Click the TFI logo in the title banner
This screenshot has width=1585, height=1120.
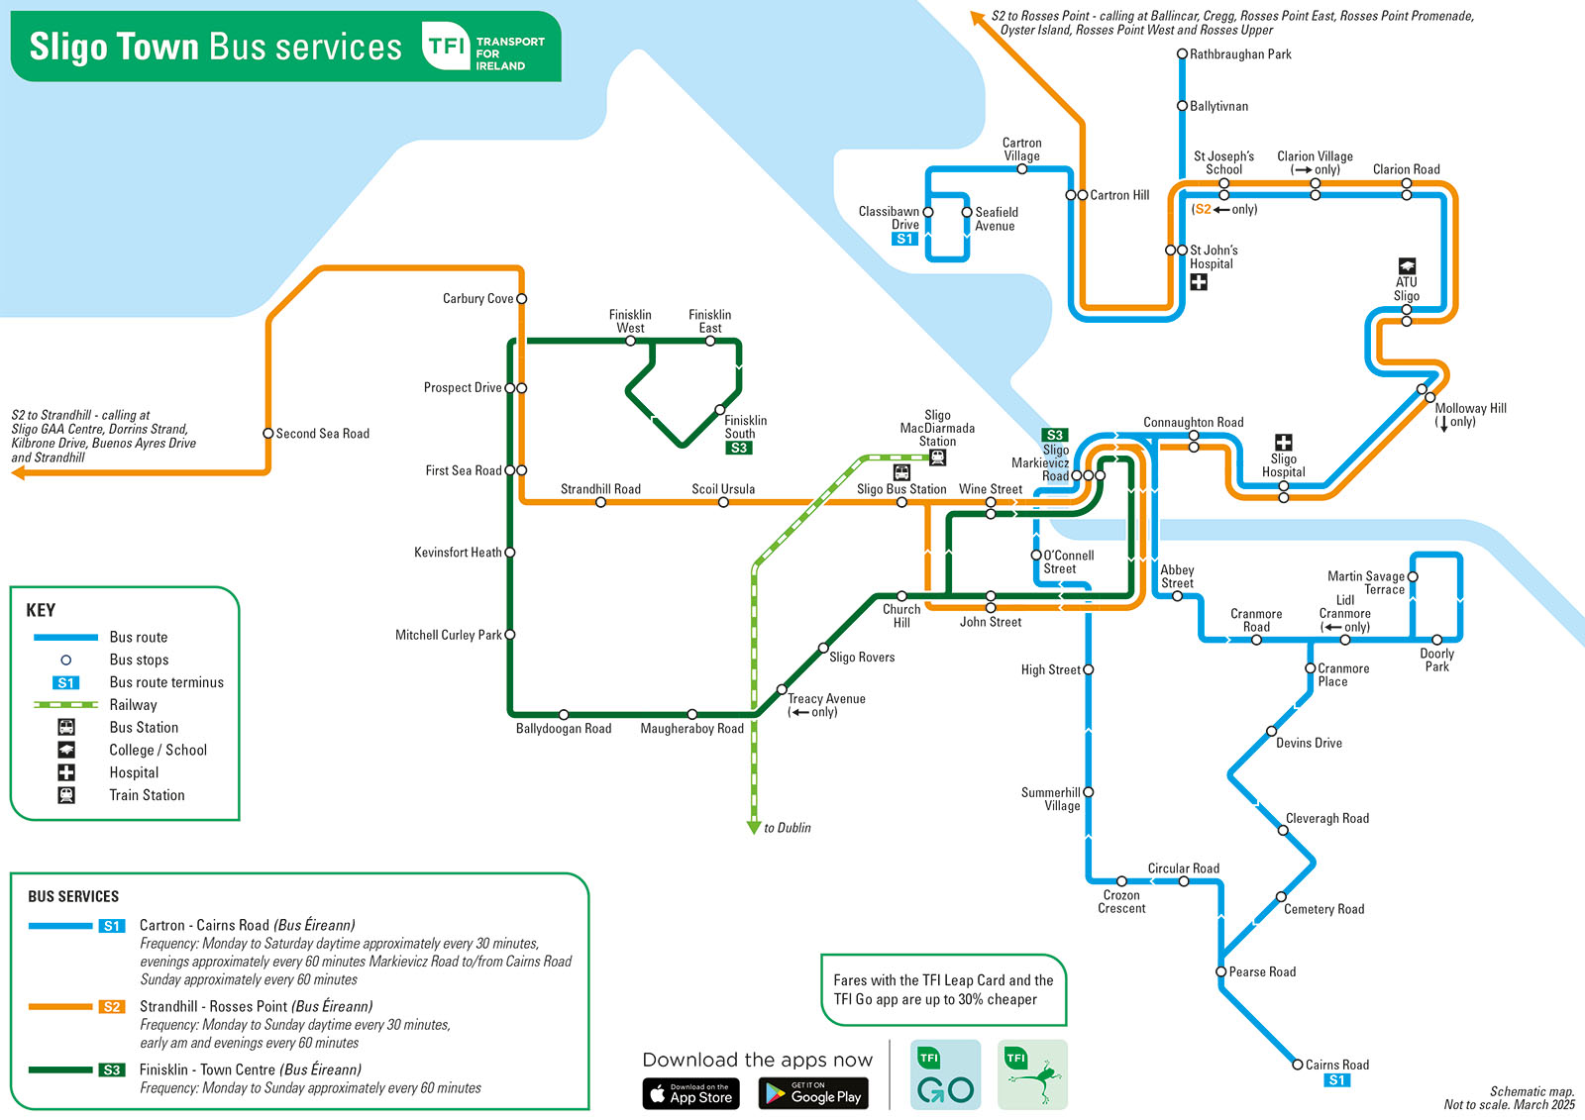(x=446, y=46)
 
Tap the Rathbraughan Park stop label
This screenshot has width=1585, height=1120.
(x=1239, y=54)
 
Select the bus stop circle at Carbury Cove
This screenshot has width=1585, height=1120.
(x=521, y=299)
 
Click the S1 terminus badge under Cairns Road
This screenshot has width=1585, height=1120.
(x=1336, y=1080)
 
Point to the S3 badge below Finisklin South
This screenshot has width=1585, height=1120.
(x=739, y=448)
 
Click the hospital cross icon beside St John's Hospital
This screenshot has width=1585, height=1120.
(x=1198, y=282)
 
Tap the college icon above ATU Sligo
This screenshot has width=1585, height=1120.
(x=1407, y=266)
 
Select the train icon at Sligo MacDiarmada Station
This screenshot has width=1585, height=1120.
(x=937, y=458)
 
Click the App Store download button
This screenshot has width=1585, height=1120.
(x=690, y=1093)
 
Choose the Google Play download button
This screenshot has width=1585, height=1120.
(x=813, y=1093)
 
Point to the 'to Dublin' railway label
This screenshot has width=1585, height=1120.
(x=787, y=828)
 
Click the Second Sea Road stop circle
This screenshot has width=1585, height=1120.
(x=268, y=433)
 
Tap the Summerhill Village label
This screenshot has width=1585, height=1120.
(x=1051, y=799)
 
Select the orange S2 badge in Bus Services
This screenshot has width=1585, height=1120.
(x=112, y=1006)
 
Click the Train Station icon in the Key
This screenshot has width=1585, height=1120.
(x=66, y=795)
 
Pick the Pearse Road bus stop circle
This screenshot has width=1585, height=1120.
(x=1220, y=971)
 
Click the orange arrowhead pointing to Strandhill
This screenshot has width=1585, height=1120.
(x=19, y=472)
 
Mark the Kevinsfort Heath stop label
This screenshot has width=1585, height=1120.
(x=458, y=553)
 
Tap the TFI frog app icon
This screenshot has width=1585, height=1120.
(x=1032, y=1074)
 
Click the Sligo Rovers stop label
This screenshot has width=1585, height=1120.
(x=862, y=658)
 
